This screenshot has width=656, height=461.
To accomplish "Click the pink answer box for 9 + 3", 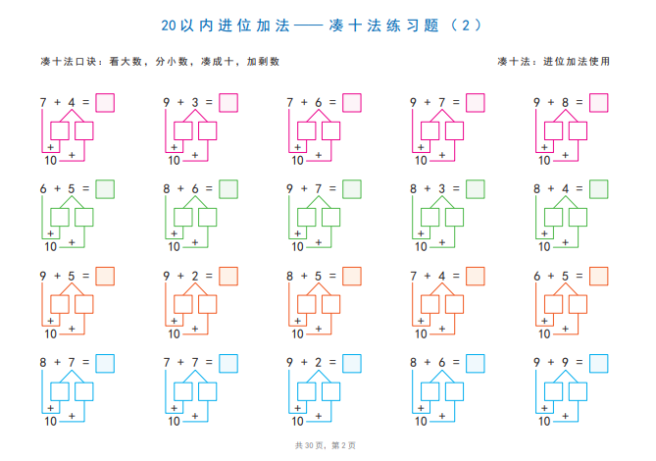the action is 228,103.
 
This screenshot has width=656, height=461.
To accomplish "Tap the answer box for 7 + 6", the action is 352,103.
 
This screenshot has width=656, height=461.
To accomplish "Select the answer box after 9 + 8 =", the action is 599,103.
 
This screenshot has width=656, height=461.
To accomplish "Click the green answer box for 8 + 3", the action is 476,189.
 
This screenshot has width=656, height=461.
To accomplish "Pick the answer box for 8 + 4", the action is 599,189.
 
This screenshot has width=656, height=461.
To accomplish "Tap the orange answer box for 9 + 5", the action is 105,277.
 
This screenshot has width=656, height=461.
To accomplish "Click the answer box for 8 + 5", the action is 352,277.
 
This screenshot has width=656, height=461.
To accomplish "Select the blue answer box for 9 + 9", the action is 599,364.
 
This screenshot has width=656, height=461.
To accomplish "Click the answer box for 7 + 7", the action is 228,364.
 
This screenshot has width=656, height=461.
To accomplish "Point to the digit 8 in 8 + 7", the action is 43,362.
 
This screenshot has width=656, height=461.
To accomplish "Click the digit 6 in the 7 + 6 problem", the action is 319,102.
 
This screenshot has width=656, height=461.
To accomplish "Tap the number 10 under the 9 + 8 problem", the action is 544,160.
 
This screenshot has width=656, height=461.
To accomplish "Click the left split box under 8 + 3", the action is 429,218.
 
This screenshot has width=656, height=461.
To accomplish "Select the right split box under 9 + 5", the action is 84,304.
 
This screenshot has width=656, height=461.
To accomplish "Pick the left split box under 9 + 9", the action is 553,391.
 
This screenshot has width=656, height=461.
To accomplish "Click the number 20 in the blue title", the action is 169,26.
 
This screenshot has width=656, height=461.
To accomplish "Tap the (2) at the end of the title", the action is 466,26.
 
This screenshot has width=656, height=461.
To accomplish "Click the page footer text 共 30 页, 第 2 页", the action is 326,445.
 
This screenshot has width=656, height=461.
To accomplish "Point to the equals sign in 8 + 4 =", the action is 580,189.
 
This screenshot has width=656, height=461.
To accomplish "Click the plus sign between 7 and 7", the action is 180,362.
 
